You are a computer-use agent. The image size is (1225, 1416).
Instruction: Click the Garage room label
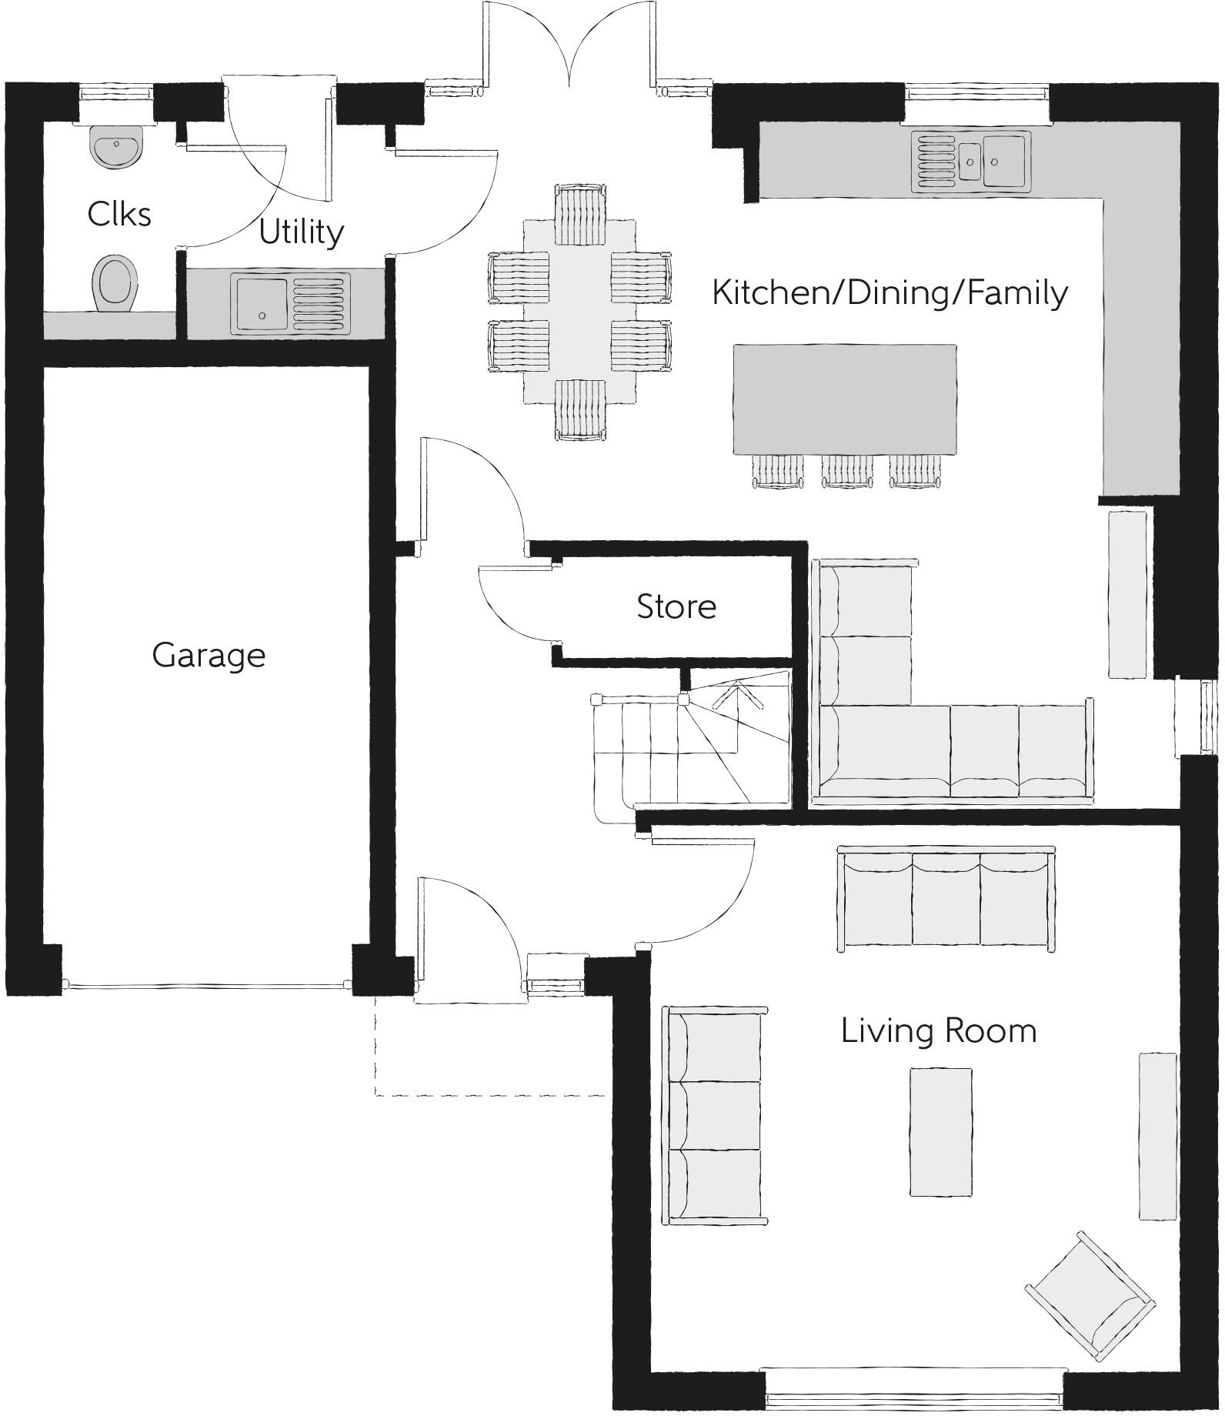click(209, 656)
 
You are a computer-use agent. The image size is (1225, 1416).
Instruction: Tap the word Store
click(676, 607)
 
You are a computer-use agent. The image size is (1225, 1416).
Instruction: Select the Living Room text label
click(939, 1031)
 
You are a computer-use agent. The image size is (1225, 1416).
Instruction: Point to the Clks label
click(119, 214)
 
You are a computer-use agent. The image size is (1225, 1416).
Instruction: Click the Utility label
click(301, 232)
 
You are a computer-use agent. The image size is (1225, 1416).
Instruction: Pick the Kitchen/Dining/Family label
click(890, 293)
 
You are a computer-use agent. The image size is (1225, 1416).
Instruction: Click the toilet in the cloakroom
click(115, 283)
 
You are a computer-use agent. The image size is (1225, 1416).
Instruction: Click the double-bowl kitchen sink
click(971, 161)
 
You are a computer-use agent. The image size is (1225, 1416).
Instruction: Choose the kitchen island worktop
click(845, 399)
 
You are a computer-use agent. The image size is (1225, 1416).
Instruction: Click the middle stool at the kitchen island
click(847, 470)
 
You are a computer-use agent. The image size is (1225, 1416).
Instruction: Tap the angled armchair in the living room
click(1090, 1298)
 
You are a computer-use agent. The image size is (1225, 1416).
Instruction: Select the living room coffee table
click(940, 1131)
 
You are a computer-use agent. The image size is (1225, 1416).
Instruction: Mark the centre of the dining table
click(579, 312)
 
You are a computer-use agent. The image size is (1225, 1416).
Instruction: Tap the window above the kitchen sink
click(976, 92)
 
